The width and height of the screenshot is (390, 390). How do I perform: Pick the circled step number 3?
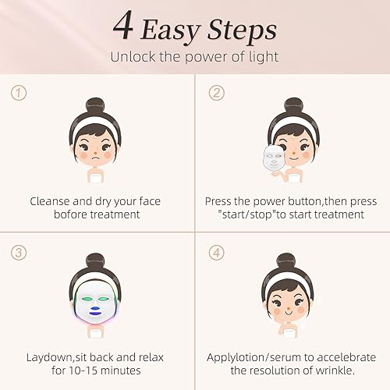point(18,253)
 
